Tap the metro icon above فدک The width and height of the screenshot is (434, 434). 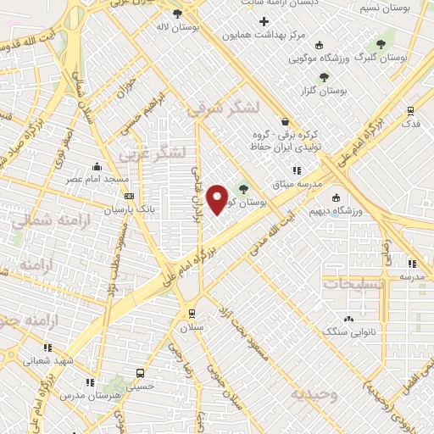tap(411, 110)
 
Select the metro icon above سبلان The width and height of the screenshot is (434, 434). tap(192, 313)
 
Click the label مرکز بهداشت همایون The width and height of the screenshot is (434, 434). tap(264, 36)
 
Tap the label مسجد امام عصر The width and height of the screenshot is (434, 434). tap(100, 180)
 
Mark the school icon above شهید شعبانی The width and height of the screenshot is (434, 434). tap(47, 348)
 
